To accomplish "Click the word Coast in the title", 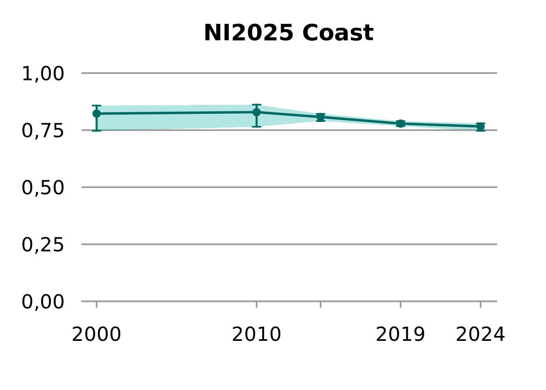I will (338, 33).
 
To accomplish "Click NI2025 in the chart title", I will (248, 33).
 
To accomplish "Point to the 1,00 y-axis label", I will (43, 74).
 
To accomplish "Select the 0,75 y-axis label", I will (43, 131).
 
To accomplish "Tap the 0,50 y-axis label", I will (43, 188).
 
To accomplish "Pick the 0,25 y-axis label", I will (43, 245).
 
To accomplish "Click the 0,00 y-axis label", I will (43, 302).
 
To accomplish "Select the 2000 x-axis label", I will (96, 335).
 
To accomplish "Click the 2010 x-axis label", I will (256, 335).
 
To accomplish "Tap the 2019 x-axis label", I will (400, 335).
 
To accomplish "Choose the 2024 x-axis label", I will (480, 335).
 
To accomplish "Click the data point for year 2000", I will (96, 114).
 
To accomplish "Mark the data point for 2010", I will (256, 112).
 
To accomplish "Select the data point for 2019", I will (401, 123).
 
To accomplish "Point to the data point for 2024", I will (481, 127).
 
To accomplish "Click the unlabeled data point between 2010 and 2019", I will (321, 117).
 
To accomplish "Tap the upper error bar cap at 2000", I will (96, 106).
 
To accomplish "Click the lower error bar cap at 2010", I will (256, 127).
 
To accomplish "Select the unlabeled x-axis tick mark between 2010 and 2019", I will (321, 304).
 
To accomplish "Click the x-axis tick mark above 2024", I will (481, 304).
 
